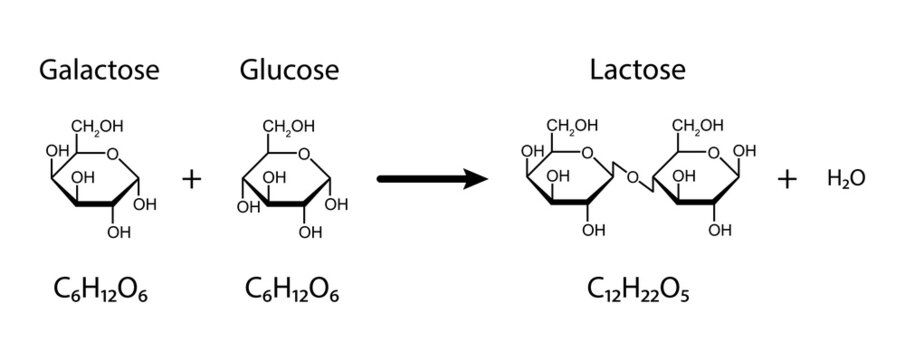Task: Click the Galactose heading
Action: pyautogui.click(x=98, y=71)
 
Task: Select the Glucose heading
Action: pyautogui.click(x=288, y=71)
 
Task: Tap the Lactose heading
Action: pyautogui.click(x=637, y=71)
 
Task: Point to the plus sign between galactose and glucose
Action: pyautogui.click(x=192, y=180)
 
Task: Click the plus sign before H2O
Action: pyautogui.click(x=788, y=180)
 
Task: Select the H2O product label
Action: pyautogui.click(x=845, y=180)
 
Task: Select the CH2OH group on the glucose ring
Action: pyautogui.click(x=288, y=127)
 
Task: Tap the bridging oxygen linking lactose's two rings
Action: pyautogui.click(x=631, y=180)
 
